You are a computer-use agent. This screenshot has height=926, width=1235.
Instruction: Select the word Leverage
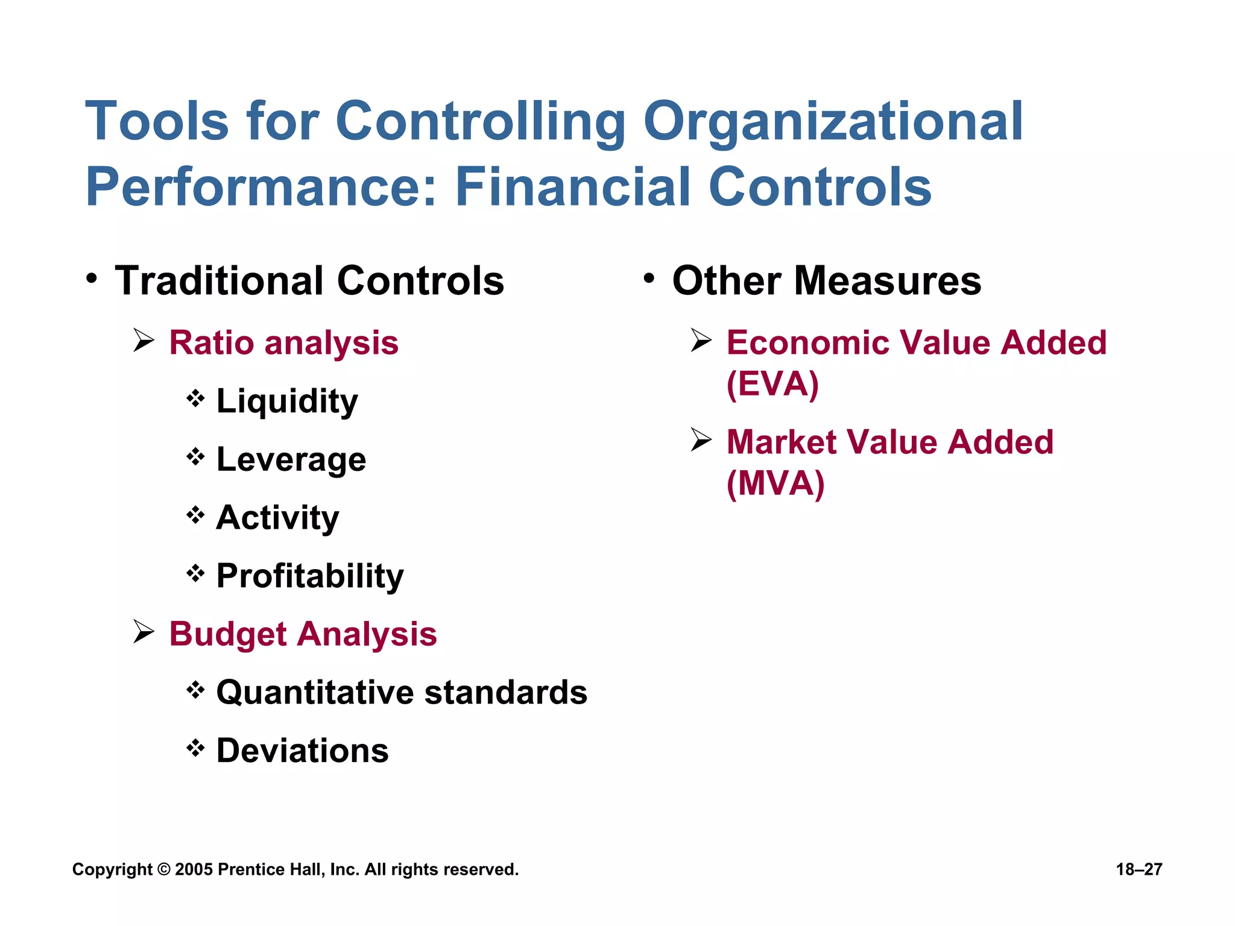click(x=291, y=460)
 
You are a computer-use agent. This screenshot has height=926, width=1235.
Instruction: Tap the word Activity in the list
click(x=277, y=518)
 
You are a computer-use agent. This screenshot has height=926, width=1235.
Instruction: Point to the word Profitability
click(x=310, y=576)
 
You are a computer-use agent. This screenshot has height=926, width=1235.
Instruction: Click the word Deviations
click(x=302, y=751)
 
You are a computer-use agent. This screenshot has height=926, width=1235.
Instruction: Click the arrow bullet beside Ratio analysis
click(x=144, y=341)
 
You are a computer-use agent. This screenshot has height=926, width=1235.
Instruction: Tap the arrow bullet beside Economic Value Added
click(x=702, y=341)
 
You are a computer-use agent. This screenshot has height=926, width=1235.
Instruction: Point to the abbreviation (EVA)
click(x=772, y=384)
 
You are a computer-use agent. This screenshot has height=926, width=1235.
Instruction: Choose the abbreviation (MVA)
click(x=775, y=483)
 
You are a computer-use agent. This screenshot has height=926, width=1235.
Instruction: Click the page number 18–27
click(x=1139, y=869)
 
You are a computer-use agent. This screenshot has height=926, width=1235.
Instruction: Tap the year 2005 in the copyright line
click(x=194, y=869)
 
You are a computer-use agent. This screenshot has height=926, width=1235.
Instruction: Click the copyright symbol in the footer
click(x=163, y=869)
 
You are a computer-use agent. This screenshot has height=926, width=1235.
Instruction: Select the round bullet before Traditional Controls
click(x=91, y=279)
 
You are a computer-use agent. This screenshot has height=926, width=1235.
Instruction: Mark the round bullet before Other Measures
click(x=649, y=279)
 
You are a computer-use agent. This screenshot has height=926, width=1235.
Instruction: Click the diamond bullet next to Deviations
click(x=195, y=748)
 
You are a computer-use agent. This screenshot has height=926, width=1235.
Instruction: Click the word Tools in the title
click(x=157, y=121)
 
